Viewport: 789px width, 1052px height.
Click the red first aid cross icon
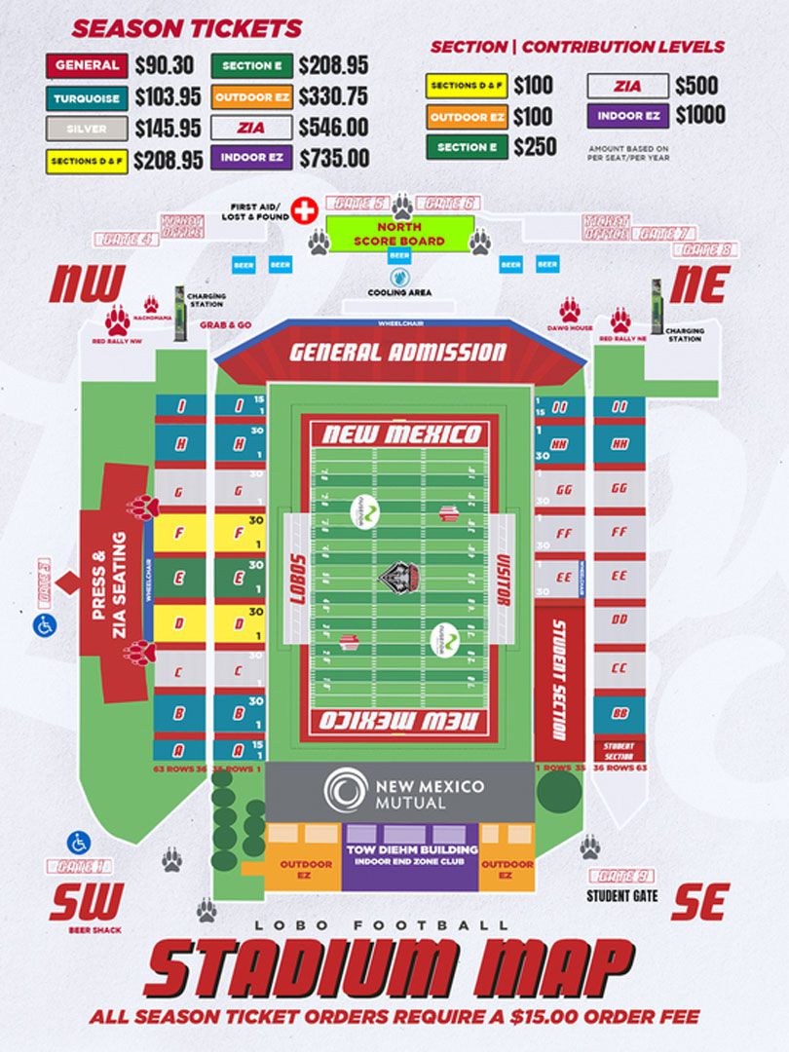coord(306,210)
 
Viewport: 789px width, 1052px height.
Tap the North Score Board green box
coord(399,234)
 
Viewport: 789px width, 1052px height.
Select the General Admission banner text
coord(398,353)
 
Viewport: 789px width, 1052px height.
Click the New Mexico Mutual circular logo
coord(346,790)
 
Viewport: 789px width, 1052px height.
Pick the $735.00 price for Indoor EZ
coord(334,158)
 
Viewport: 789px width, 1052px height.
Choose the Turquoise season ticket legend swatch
coord(87,97)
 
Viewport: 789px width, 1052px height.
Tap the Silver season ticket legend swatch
coord(87,128)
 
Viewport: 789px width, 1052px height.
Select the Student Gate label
coord(621,895)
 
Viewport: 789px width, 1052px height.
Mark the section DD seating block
coord(619,620)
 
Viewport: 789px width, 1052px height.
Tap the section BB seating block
coord(619,713)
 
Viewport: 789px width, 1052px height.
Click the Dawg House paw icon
coord(570,311)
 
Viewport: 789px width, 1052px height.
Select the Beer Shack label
coord(87,929)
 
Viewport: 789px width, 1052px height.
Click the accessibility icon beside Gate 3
coord(44,625)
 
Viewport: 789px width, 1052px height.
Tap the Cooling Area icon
coord(399,276)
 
